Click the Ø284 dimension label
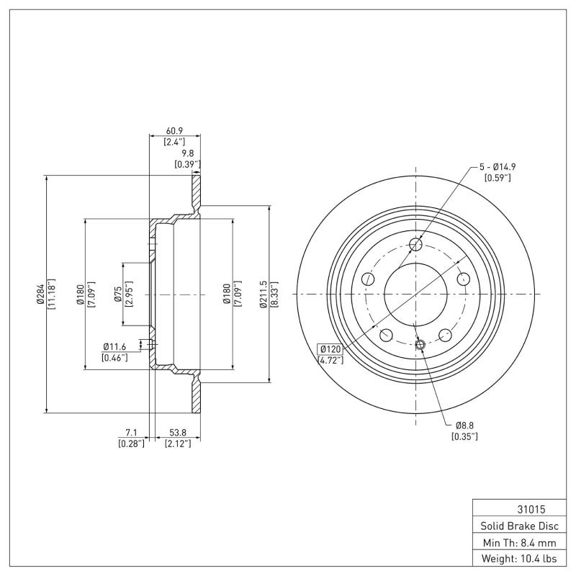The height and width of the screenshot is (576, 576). (40, 294)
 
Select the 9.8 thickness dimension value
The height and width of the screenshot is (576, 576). (187, 153)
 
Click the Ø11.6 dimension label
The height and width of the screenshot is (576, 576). (115, 347)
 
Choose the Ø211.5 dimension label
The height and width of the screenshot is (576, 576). (264, 294)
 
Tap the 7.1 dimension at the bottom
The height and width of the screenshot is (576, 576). (131, 432)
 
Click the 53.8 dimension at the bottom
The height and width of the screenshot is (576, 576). (176, 432)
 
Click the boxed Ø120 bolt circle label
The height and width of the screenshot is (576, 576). (330, 349)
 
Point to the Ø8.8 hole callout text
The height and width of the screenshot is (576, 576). (465, 425)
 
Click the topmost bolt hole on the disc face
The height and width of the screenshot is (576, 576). (415, 245)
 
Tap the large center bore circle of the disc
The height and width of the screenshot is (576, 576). (415, 294)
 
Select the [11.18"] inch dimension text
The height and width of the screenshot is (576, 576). (51, 294)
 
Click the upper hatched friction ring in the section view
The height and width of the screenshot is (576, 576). (196, 191)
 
